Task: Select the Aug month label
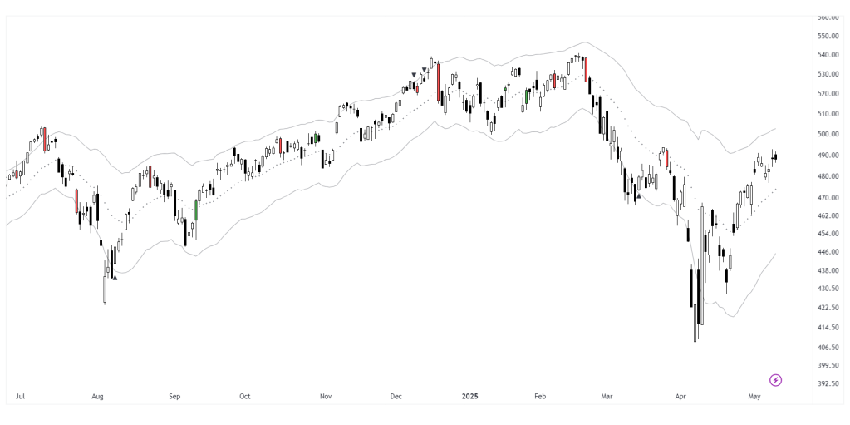click(97, 397)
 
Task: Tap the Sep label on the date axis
click(174, 397)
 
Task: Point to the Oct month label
click(244, 397)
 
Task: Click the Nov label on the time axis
click(326, 397)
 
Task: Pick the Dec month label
click(396, 397)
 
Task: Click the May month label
click(754, 397)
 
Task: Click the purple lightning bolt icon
click(776, 380)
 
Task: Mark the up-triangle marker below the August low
click(115, 278)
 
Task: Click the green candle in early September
click(197, 210)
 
